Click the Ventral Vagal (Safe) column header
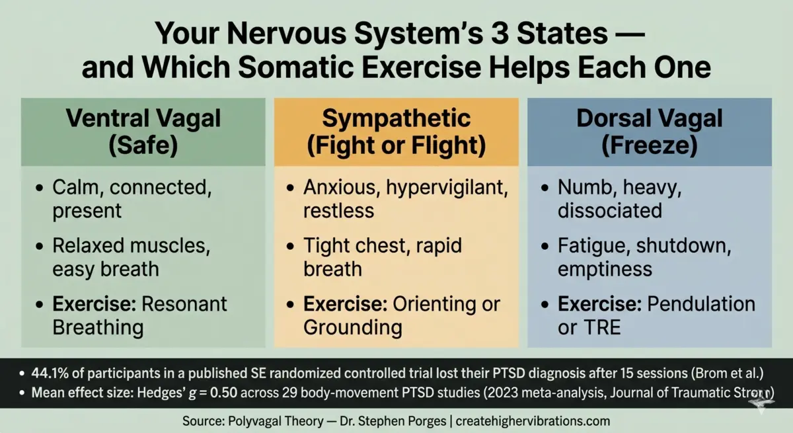pos(143,132)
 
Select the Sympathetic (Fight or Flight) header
pos(397,132)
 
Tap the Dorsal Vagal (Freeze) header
pos(650,132)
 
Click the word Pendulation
pos(701,304)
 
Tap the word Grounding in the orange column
pos(352,327)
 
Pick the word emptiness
pos(605,269)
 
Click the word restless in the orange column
pos(338,210)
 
